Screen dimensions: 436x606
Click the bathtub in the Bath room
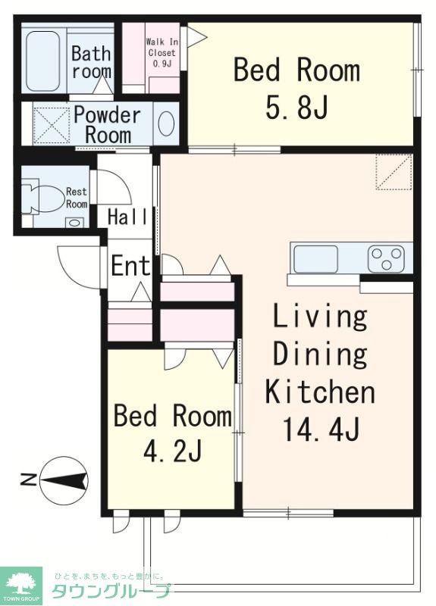click(x=43, y=61)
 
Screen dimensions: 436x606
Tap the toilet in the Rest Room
click(x=42, y=198)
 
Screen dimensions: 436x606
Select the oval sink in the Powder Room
click(x=166, y=123)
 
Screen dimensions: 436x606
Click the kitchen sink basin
click(x=315, y=259)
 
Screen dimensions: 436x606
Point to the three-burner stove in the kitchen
click(x=386, y=258)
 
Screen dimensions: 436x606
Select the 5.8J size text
click(x=297, y=107)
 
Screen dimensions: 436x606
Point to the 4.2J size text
click(x=173, y=451)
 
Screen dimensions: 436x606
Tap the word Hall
click(x=127, y=217)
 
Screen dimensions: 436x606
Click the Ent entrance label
click(x=130, y=266)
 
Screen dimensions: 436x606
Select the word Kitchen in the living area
click(x=320, y=392)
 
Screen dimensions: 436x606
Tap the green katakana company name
click(x=111, y=591)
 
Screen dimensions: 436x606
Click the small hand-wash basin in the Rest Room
click(x=74, y=222)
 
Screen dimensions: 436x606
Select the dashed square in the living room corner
click(x=394, y=172)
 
